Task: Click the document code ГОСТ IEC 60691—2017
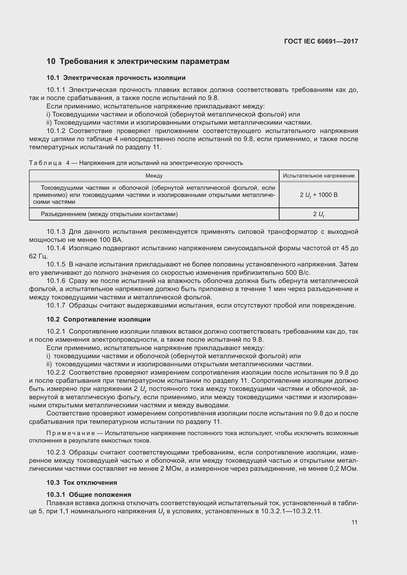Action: pyautogui.click(x=321, y=41)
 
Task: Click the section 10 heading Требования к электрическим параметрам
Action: pyautogui.click(x=138, y=61)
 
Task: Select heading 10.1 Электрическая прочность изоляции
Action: pyautogui.click(x=116, y=78)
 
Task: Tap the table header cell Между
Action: pyautogui.click(x=154, y=176)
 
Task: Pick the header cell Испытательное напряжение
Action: pyautogui.click(x=318, y=176)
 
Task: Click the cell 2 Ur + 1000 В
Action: pyautogui.click(x=318, y=195)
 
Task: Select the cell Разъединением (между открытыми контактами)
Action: pyautogui.click(x=109, y=214)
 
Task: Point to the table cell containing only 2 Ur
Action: pyautogui.click(x=318, y=214)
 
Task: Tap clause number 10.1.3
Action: pyautogui.click(x=56, y=232)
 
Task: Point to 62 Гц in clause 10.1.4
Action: pyautogui.click(x=38, y=256)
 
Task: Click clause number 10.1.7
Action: pyautogui.click(x=56, y=306)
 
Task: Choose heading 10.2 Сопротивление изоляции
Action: pyautogui.click(x=98, y=320)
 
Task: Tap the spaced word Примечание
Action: pyautogui.click(x=71, y=433)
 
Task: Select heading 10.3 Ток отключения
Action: pyautogui.click(x=82, y=483)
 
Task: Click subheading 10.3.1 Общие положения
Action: pyautogui.click(x=89, y=495)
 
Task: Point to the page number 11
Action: pyautogui.click(x=354, y=522)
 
